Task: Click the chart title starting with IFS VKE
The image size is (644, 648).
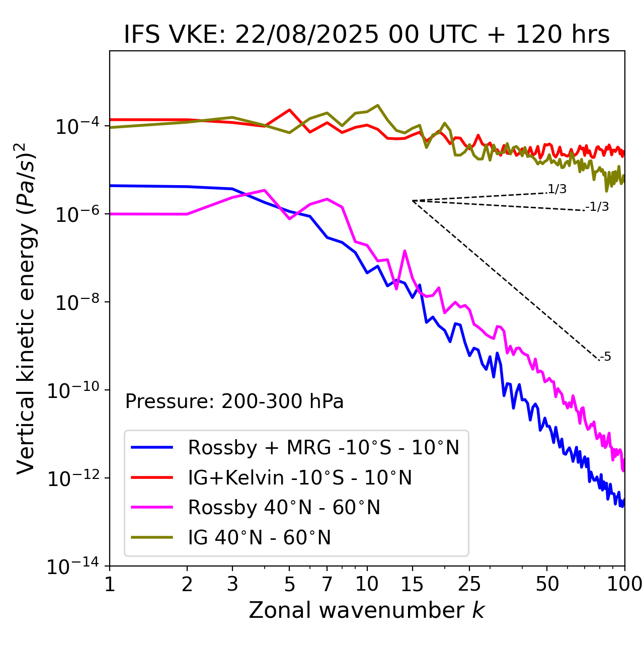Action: pos(367,35)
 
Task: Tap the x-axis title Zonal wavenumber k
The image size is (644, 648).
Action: pos(367,610)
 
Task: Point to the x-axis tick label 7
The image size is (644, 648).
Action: pos(327,584)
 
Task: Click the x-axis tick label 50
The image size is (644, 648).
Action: pos(547,584)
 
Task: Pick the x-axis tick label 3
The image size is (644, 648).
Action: pos(232,584)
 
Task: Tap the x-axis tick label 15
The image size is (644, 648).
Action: pos(412,584)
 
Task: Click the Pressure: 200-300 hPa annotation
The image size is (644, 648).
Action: pos(234,402)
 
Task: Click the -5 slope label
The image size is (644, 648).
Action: pos(605,357)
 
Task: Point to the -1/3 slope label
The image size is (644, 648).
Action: pos(597,207)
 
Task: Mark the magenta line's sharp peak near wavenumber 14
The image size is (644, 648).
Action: pos(405,251)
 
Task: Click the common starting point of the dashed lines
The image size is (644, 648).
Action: pos(413,201)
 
